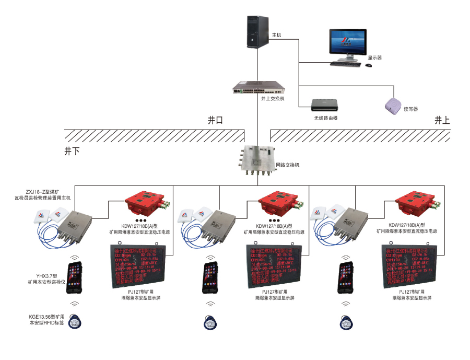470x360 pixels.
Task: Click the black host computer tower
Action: coord(258,32)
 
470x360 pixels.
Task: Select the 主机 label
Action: coord(276,35)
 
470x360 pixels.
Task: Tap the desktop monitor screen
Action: coord(347,44)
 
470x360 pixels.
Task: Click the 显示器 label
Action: coord(374,57)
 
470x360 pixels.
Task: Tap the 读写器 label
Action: coord(410,109)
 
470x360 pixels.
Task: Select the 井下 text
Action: coord(72,151)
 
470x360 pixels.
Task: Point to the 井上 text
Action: coord(442,120)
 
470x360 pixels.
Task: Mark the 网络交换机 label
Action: coord(287,165)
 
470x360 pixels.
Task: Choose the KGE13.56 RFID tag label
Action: coord(46,320)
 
